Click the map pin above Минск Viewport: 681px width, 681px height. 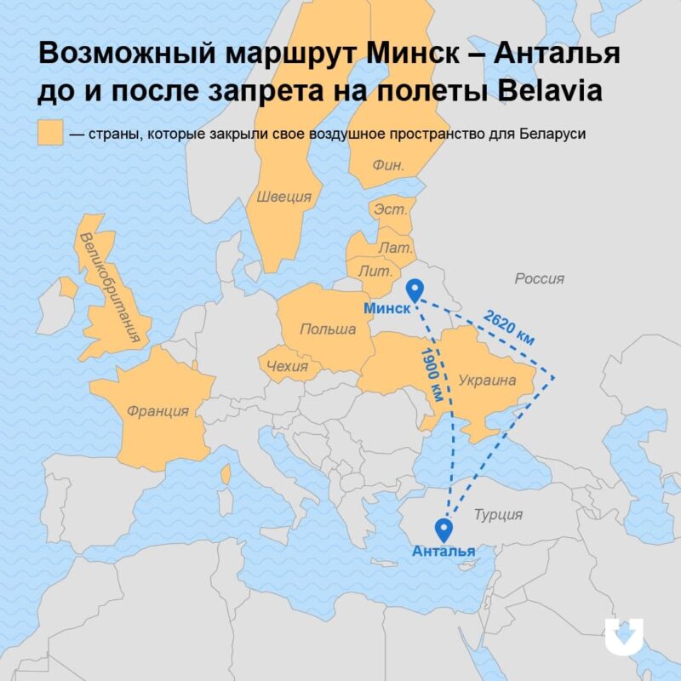click(x=415, y=290)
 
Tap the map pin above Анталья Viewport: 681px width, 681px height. click(x=443, y=529)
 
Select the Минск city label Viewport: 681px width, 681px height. click(x=387, y=308)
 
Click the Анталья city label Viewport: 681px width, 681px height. click(x=443, y=552)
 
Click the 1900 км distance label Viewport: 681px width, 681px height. click(x=432, y=374)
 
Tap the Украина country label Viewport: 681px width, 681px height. click(x=488, y=380)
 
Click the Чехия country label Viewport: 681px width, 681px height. click(x=287, y=367)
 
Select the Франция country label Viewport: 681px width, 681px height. click(x=157, y=411)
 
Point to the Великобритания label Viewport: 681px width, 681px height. click(x=108, y=286)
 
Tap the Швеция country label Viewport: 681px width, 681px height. click(x=283, y=197)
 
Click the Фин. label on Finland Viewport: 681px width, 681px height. click(x=387, y=165)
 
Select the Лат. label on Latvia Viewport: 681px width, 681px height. click(x=397, y=247)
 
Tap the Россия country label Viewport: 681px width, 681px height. click(x=539, y=278)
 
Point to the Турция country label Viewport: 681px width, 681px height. click(x=498, y=514)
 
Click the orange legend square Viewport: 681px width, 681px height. click(x=50, y=134)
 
